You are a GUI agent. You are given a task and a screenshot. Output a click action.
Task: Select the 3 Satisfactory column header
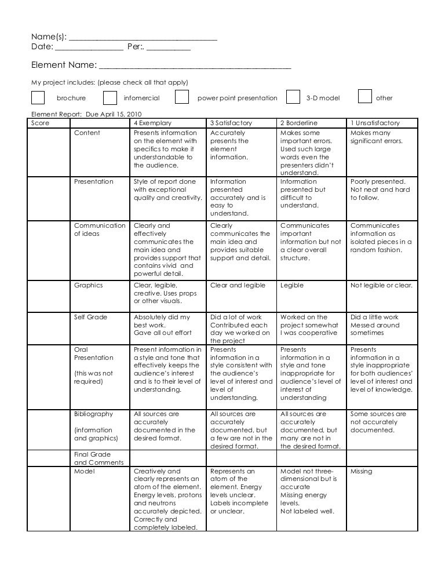(230, 123)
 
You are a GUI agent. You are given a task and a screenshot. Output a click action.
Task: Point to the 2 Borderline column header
(298, 123)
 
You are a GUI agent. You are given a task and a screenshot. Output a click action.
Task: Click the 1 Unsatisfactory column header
(375, 123)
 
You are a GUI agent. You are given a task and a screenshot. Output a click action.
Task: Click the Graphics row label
(89, 285)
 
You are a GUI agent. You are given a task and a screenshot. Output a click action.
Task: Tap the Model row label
(84, 471)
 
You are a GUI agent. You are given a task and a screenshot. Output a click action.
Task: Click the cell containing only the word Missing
(361, 472)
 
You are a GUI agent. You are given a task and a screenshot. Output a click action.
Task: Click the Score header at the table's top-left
(40, 123)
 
